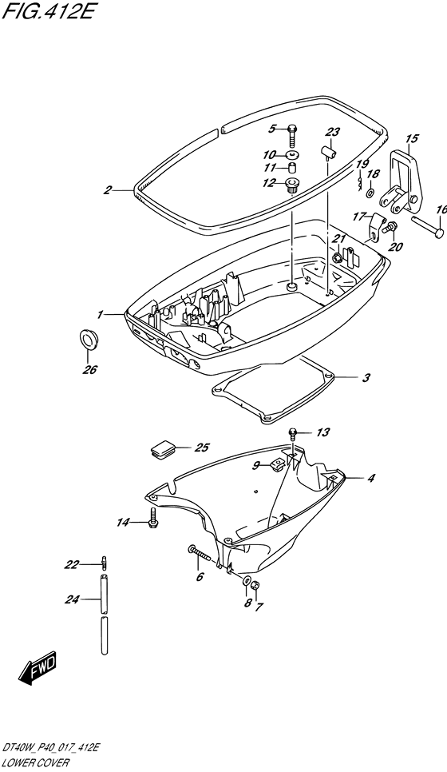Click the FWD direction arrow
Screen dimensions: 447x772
(39, 668)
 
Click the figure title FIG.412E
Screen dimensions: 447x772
(47, 10)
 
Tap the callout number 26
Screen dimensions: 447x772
(90, 369)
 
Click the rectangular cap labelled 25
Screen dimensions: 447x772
(163, 449)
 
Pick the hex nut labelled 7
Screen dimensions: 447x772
(255, 586)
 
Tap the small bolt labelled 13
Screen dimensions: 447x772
(292, 434)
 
